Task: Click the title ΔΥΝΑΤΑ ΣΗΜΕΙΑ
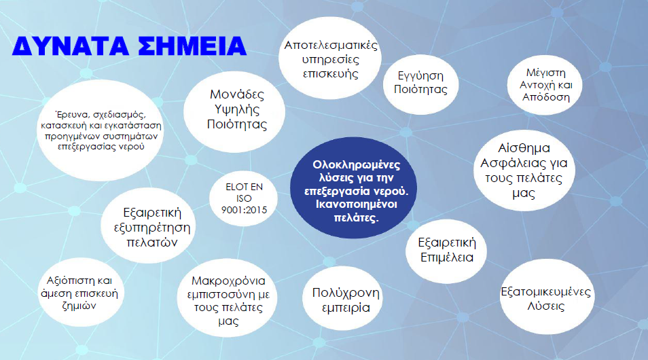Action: pos(129,46)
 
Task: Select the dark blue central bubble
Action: pos(353,187)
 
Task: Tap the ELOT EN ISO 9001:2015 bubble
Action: pos(243,198)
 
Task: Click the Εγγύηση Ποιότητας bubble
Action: pos(420,84)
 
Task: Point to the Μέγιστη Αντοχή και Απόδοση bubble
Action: pos(545,85)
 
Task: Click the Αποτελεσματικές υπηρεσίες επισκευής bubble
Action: pos(330,58)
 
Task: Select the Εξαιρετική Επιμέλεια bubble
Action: pos(446,251)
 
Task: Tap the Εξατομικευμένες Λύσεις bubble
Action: pos(547,296)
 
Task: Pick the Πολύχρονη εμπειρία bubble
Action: pos(342,298)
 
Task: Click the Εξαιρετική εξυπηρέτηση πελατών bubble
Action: pos(148,226)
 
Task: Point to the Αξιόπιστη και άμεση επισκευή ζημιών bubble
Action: pos(81,293)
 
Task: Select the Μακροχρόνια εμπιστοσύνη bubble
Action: pos(228,298)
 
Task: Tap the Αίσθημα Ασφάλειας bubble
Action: pos(524,170)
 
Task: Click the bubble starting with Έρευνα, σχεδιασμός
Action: pos(101,130)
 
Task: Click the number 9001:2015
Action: pos(245,210)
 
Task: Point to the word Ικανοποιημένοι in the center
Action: pos(356,204)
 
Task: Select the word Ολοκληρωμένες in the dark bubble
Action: pos(356,164)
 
